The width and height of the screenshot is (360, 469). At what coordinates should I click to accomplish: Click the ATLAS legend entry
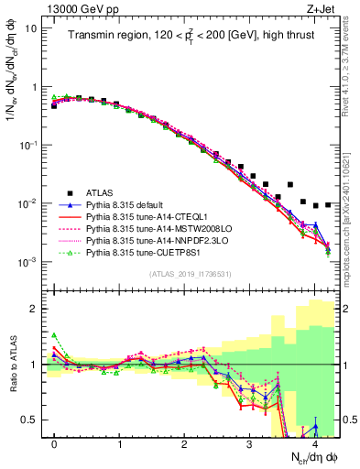click(100, 193)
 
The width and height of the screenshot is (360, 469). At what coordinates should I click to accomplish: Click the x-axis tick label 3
click(250, 443)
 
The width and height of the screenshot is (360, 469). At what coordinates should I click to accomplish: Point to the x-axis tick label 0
click(55, 443)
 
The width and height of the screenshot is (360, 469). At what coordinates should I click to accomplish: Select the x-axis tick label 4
click(315, 443)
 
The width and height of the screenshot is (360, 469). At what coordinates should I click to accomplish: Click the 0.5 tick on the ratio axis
click(32, 420)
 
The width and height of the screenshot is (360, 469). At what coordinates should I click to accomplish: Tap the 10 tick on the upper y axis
click(31, 27)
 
